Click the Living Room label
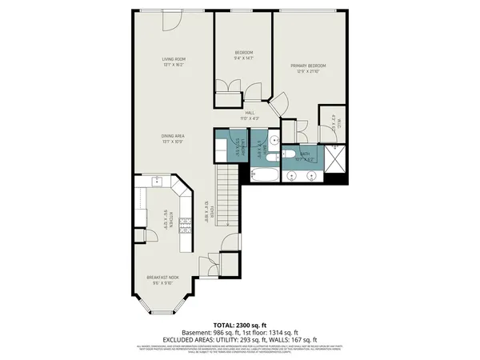(174, 58)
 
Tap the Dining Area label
(174, 136)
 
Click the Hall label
(249, 113)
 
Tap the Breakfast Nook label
(162, 278)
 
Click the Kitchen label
(166, 218)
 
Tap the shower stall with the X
(336, 161)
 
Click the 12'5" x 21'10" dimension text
(307, 72)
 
